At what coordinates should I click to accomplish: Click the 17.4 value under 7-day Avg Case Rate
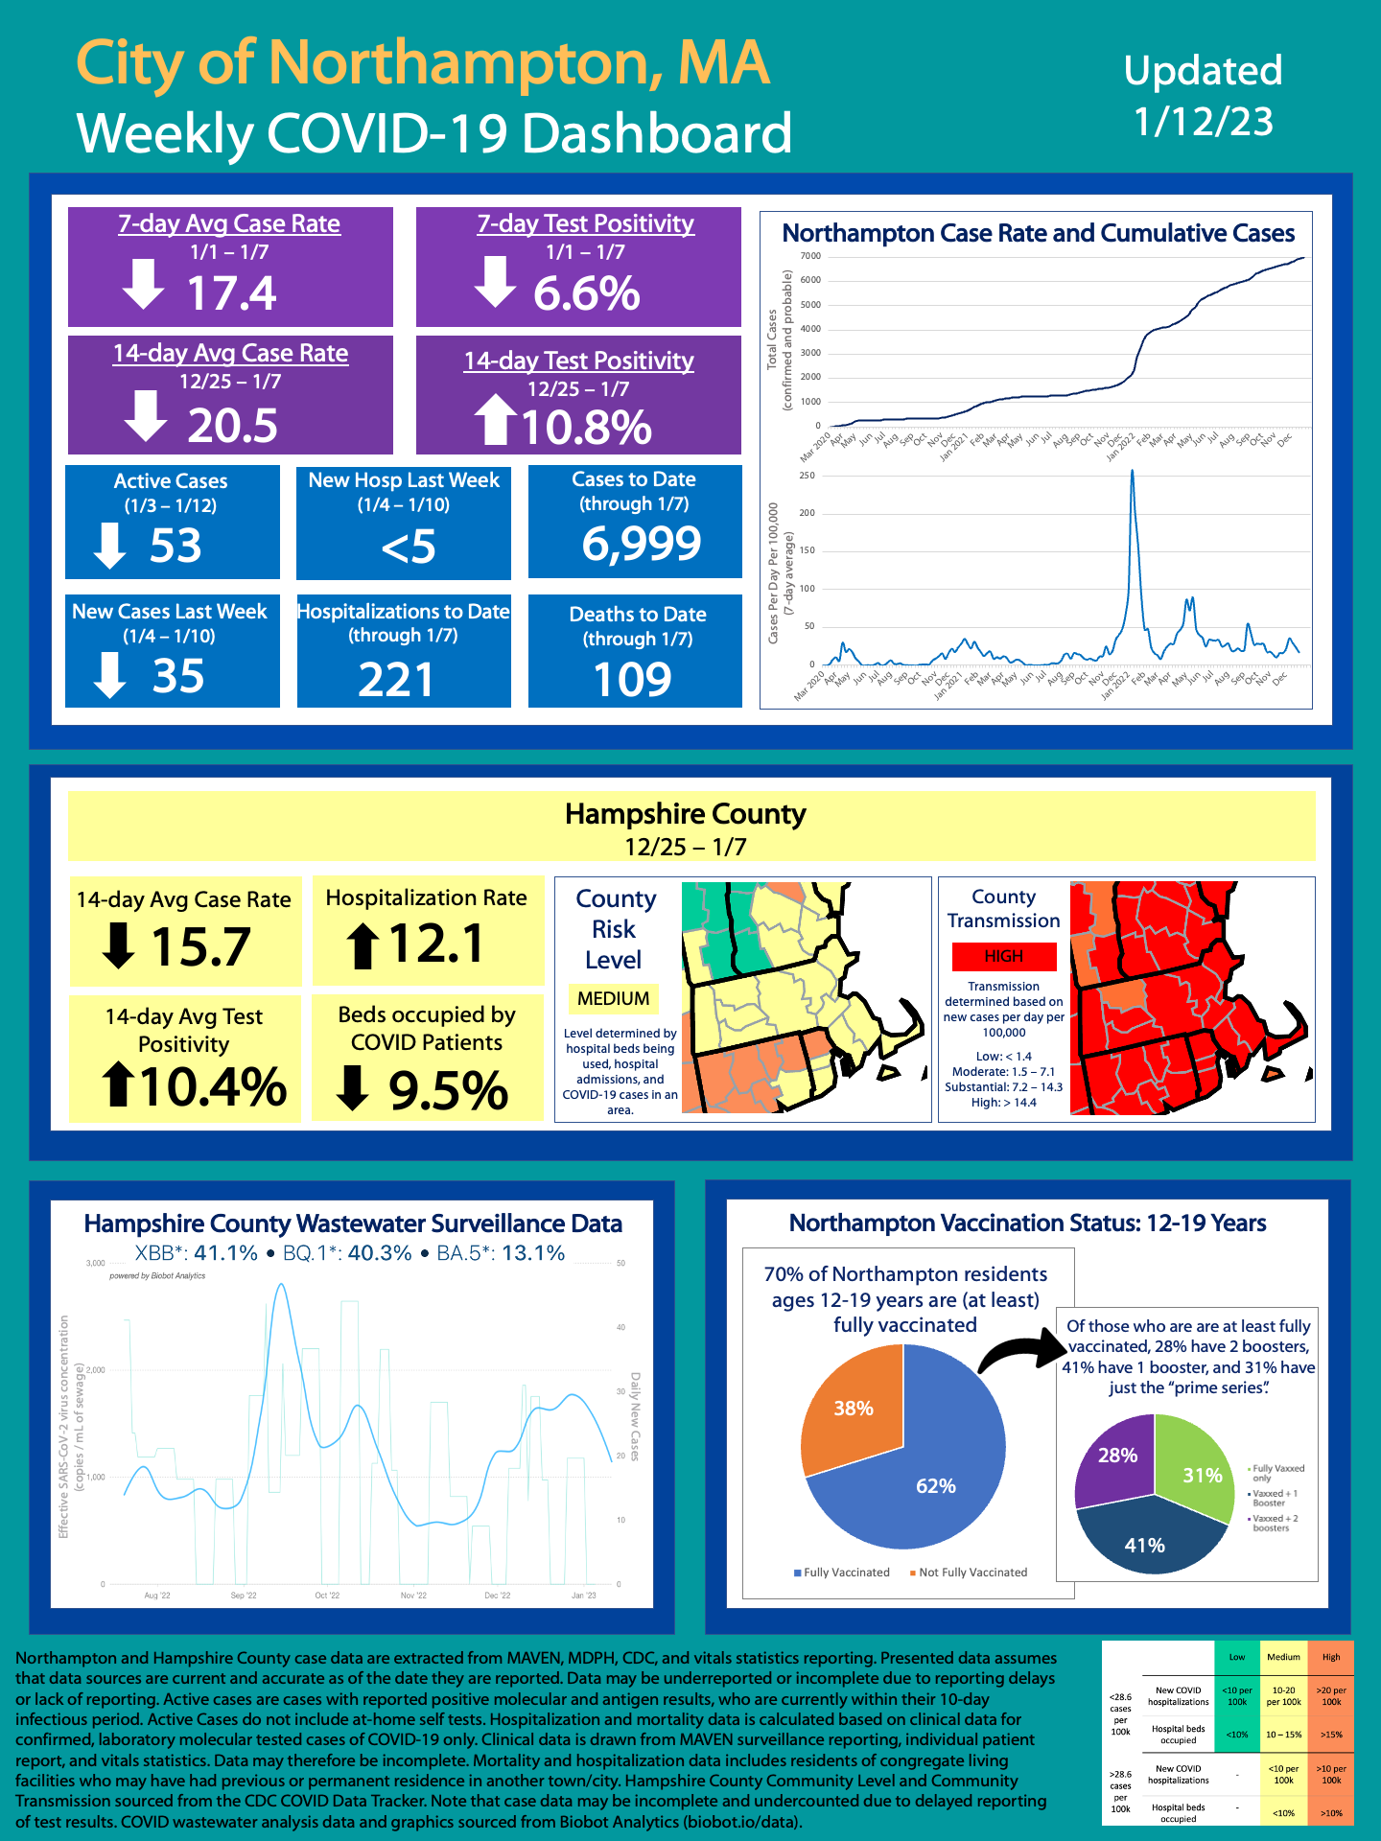click(231, 293)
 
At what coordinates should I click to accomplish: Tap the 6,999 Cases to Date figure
click(642, 544)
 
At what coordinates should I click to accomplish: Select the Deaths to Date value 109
click(632, 680)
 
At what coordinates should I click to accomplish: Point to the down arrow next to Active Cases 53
click(109, 546)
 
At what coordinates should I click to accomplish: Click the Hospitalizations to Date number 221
click(396, 680)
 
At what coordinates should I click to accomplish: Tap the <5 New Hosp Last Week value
click(408, 548)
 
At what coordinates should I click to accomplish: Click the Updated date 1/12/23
click(1203, 122)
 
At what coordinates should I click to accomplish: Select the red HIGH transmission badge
click(1003, 956)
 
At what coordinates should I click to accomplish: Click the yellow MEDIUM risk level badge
click(613, 998)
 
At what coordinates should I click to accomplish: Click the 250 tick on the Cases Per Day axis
click(807, 476)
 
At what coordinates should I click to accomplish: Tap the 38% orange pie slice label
click(853, 1408)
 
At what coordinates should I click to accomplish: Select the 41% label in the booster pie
click(1144, 1545)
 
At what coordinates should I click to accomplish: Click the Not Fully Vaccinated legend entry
click(971, 1573)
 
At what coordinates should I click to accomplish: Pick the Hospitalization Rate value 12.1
click(436, 944)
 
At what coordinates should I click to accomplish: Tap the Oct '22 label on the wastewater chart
click(327, 1596)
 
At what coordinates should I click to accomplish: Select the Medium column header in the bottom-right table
click(1283, 1657)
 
